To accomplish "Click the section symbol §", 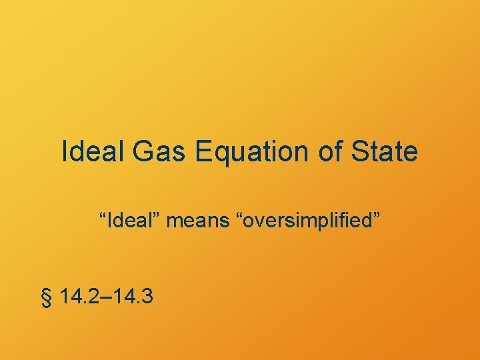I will tap(46, 296).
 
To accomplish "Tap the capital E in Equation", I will tap(203, 151).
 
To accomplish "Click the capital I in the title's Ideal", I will tap(65, 151).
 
